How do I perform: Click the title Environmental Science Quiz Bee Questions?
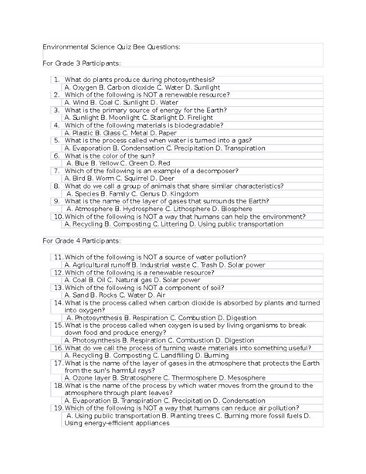tap(113, 46)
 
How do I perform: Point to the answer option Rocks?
tap(107, 297)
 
